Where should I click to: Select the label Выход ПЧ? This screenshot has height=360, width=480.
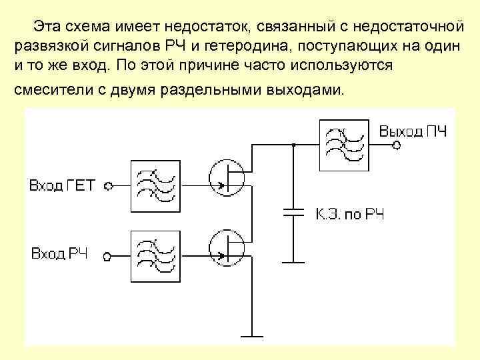pyautogui.click(x=413, y=130)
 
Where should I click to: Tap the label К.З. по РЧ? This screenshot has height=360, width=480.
pyautogui.click(x=349, y=215)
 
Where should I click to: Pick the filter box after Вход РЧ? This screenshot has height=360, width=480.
pyautogui.click(x=156, y=255)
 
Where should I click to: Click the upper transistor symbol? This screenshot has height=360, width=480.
pyautogui.click(x=227, y=177)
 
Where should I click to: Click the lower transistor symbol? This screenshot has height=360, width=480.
pyautogui.click(x=227, y=247)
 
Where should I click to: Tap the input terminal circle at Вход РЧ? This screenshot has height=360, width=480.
pyautogui.click(x=105, y=255)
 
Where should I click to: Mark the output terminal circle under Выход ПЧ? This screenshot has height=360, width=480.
pyautogui.click(x=396, y=145)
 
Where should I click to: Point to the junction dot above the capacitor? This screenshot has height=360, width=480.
pyautogui.click(x=293, y=145)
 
